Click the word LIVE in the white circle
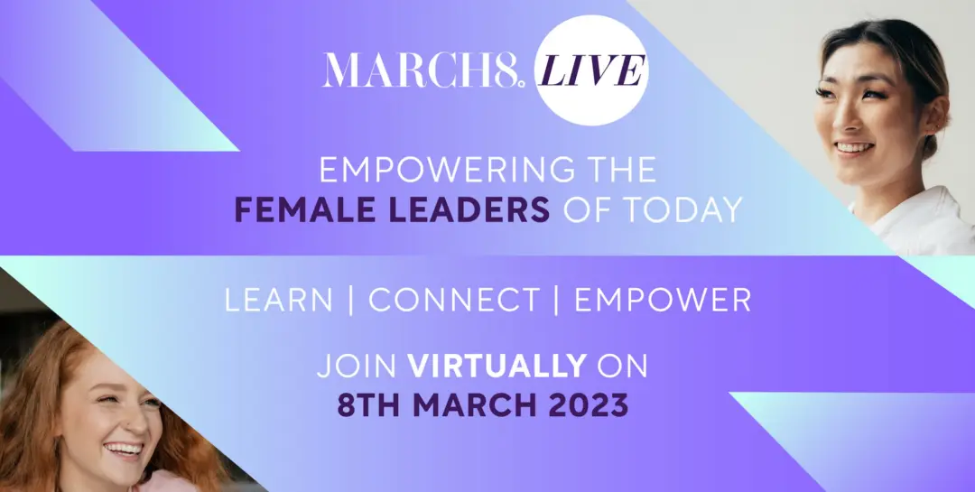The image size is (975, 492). click(x=591, y=70)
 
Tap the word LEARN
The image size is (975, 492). click(x=279, y=301)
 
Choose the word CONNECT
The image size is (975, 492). click(x=453, y=301)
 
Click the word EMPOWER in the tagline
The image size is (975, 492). click(x=663, y=301)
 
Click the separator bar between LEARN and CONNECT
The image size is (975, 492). click(x=351, y=301)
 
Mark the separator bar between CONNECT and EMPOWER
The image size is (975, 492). click(x=557, y=301)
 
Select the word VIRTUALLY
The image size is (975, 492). click(x=497, y=367)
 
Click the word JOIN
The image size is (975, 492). click(x=357, y=367)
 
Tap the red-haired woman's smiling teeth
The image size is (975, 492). click(x=123, y=449)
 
